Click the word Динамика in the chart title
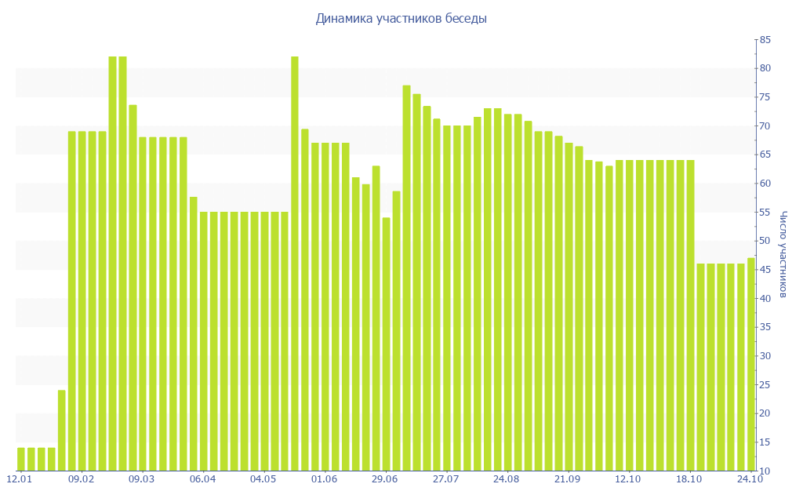click(343, 19)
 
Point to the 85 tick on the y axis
click(765, 40)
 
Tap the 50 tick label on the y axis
click(765, 241)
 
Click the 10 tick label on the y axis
click(765, 471)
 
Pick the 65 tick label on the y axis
click(765, 155)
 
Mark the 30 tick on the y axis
click(765, 356)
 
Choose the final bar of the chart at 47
click(751, 364)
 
